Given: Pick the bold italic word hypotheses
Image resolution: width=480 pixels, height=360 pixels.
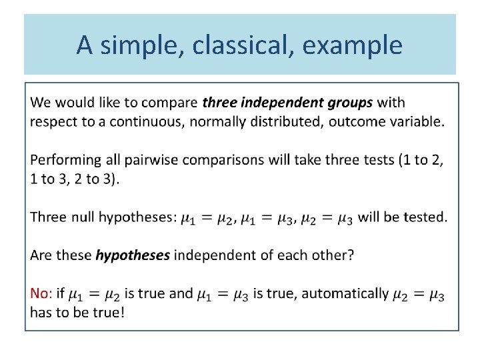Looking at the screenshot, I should click(133, 255).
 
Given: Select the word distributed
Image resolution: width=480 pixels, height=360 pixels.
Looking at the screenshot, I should click(269, 122).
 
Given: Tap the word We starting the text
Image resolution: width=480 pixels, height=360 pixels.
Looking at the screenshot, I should click(41, 103).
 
